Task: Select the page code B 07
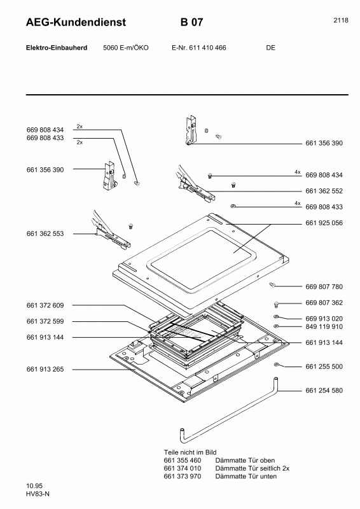pyautogui.click(x=191, y=23)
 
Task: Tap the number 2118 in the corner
pyautogui.click(x=340, y=20)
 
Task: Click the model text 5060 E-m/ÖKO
pyautogui.click(x=125, y=48)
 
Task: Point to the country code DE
pyautogui.click(x=271, y=48)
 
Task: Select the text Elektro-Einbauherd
pyautogui.click(x=57, y=48)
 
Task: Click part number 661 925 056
pyautogui.click(x=324, y=223)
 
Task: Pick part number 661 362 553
pyautogui.click(x=45, y=234)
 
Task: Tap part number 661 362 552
pyautogui.click(x=324, y=191)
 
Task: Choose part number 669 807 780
pyautogui.click(x=324, y=286)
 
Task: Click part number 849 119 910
pyautogui.click(x=324, y=326)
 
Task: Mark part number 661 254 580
pyautogui.click(x=324, y=391)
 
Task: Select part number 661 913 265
pyautogui.click(x=45, y=370)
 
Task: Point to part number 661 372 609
pyautogui.click(x=45, y=305)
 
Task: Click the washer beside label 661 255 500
pyautogui.click(x=277, y=366)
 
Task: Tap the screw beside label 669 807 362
pyautogui.click(x=277, y=303)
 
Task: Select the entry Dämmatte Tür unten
pyautogui.click(x=246, y=476)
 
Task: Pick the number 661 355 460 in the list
pyautogui.click(x=183, y=460)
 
